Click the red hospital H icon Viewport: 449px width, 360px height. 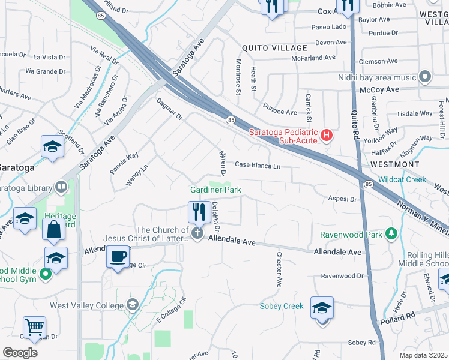327,135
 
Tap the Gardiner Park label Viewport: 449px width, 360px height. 215,190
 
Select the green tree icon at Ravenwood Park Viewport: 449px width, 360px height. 391,233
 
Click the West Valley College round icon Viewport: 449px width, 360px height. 133,305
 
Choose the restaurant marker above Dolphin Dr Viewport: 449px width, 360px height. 199,212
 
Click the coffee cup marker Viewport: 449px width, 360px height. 117,256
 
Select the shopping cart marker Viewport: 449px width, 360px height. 34,327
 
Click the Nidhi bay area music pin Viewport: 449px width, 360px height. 426,77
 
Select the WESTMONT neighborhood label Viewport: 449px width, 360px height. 394,164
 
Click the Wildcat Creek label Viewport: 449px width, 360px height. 402,179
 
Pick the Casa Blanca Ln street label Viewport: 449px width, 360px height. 258,165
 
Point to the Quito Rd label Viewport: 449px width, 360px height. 355,132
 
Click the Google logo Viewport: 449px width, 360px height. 20,353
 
